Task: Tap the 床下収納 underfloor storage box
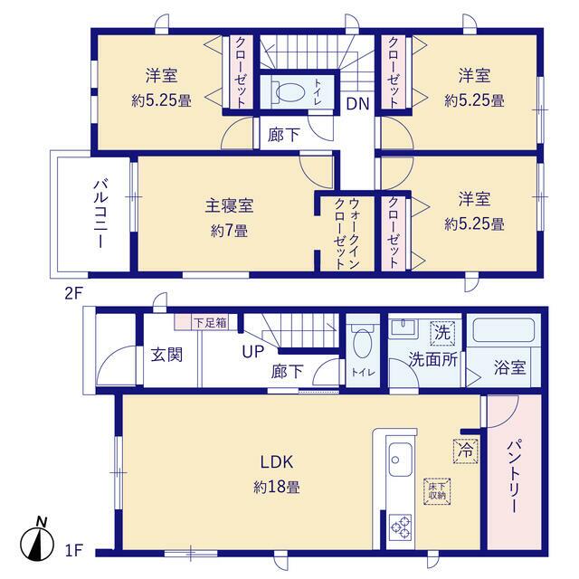coord(436,490)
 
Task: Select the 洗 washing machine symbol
coord(441,331)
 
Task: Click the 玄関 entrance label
coord(166,352)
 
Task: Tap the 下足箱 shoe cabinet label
coord(210,320)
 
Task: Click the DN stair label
coord(357,103)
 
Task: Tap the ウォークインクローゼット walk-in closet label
coord(347,232)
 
